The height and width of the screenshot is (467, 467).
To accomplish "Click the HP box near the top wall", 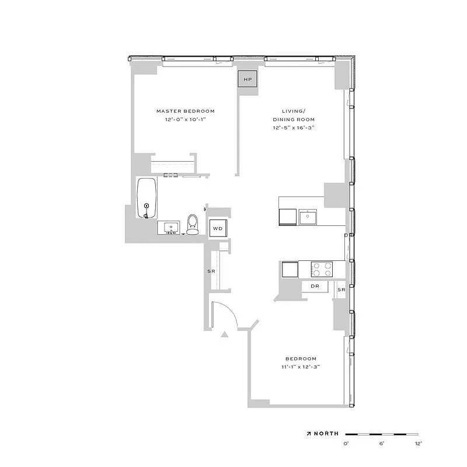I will click(x=248, y=79).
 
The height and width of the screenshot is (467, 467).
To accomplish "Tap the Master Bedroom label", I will click(x=185, y=111).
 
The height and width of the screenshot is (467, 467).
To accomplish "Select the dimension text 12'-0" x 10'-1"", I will click(x=186, y=119).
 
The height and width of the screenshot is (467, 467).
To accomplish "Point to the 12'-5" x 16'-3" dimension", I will click(x=294, y=128).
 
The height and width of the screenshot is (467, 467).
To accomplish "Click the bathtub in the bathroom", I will click(x=147, y=197).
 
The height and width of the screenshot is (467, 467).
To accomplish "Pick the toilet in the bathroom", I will click(x=193, y=224).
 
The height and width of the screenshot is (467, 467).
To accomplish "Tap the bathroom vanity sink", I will click(x=172, y=226).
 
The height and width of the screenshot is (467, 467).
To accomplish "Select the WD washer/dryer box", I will click(x=218, y=228).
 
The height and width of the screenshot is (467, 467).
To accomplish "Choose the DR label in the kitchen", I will click(x=315, y=286).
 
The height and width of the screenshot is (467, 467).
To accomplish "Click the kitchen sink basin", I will click(x=308, y=217).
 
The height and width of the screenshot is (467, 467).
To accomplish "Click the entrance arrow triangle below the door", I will click(x=225, y=334).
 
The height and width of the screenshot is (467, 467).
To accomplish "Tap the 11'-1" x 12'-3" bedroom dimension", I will click(x=301, y=367).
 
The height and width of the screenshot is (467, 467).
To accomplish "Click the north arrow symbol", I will click(x=309, y=434).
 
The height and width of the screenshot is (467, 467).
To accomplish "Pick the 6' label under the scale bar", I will click(x=382, y=444).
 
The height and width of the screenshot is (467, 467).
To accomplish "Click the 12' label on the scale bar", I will click(x=418, y=444).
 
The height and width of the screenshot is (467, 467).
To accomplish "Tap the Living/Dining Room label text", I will click(x=294, y=115).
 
